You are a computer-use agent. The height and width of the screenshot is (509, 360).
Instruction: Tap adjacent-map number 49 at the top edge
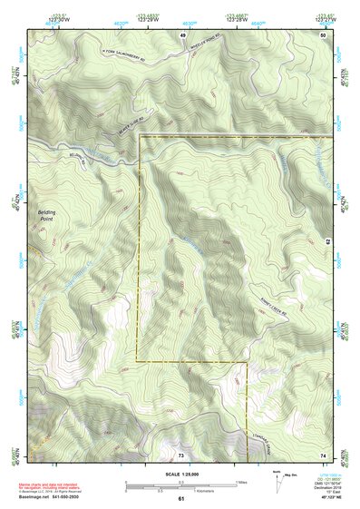(182, 34)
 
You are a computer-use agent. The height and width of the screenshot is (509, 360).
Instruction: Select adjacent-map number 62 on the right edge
(326, 242)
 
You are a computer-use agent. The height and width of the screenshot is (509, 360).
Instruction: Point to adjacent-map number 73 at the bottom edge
(180, 454)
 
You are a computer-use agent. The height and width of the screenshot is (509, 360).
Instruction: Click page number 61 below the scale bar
(181, 498)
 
